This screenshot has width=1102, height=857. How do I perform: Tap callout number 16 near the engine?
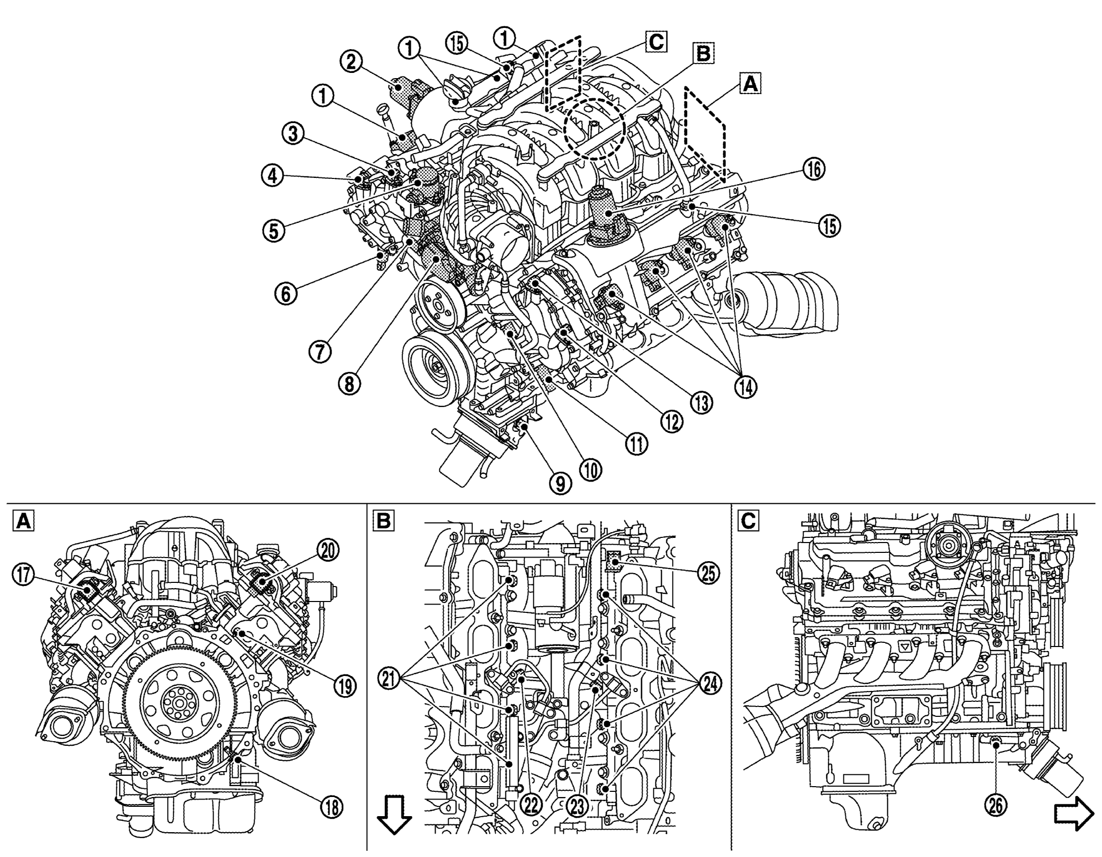(x=813, y=169)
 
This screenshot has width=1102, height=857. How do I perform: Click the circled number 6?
(x=286, y=293)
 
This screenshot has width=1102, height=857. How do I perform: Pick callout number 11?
(x=636, y=443)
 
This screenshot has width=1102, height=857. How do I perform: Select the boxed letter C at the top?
(x=656, y=41)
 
